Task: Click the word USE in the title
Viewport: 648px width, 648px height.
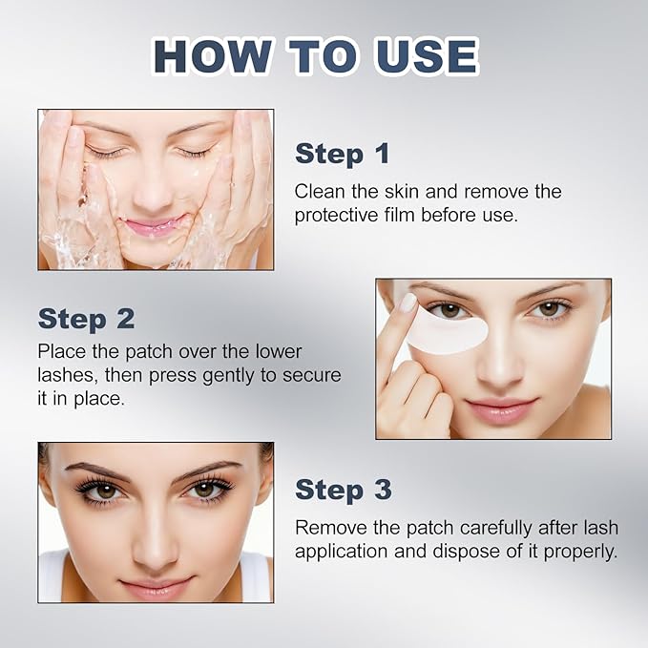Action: (x=426, y=55)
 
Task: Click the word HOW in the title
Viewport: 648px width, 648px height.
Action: (x=213, y=55)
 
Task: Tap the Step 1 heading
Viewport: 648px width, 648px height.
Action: (x=343, y=154)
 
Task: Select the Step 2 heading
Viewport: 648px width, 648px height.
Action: (x=87, y=319)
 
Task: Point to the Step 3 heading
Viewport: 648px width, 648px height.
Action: (x=343, y=490)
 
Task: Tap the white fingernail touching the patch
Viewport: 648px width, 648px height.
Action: (x=409, y=303)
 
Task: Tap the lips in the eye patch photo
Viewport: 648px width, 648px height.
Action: (x=502, y=408)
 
